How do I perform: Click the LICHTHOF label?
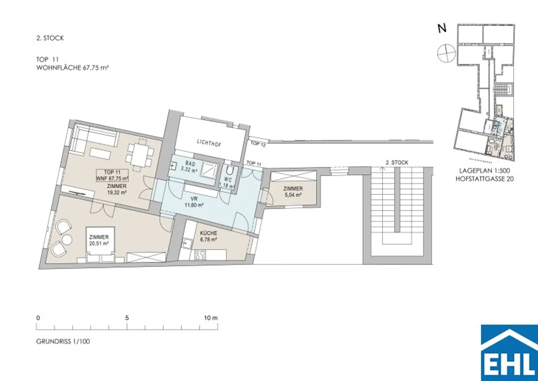(209, 143)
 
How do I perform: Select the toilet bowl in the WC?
(230, 170)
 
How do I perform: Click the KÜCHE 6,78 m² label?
(208, 236)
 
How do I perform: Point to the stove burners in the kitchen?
(200, 255)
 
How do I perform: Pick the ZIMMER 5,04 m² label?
(293, 192)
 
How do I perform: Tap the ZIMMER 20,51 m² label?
(99, 240)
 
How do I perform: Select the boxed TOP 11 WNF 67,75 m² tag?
(112, 175)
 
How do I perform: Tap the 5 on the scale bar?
(127, 318)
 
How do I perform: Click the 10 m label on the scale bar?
(211, 318)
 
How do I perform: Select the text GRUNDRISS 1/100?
(63, 341)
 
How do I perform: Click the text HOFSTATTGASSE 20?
(484, 179)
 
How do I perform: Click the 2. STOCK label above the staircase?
(397, 163)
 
